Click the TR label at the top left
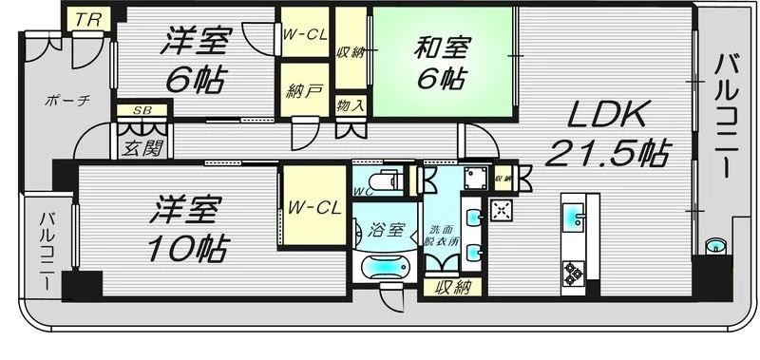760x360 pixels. pyautogui.click(x=87, y=19)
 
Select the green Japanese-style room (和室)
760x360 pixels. pyautogui.click(x=443, y=62)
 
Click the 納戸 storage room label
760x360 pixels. pyautogui.click(x=304, y=92)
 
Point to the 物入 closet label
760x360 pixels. pyautogui.click(x=351, y=105)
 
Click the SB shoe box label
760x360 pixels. pyautogui.click(x=142, y=110)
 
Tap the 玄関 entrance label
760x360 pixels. pyautogui.click(x=141, y=149)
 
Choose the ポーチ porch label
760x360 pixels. pyautogui.click(x=67, y=101)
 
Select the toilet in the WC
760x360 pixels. pyautogui.click(x=389, y=180)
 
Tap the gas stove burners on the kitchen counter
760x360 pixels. pyautogui.click(x=573, y=272)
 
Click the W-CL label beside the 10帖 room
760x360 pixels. pyautogui.click(x=315, y=208)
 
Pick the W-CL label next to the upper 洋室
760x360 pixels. pyautogui.click(x=305, y=34)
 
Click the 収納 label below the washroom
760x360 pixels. pyautogui.click(x=452, y=289)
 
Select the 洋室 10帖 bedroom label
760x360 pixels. pyautogui.click(x=186, y=228)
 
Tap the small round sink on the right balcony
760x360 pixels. pyautogui.click(x=715, y=246)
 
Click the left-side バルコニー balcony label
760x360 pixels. pyautogui.click(x=47, y=251)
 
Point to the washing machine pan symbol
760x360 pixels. pyautogui.click(x=476, y=178)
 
